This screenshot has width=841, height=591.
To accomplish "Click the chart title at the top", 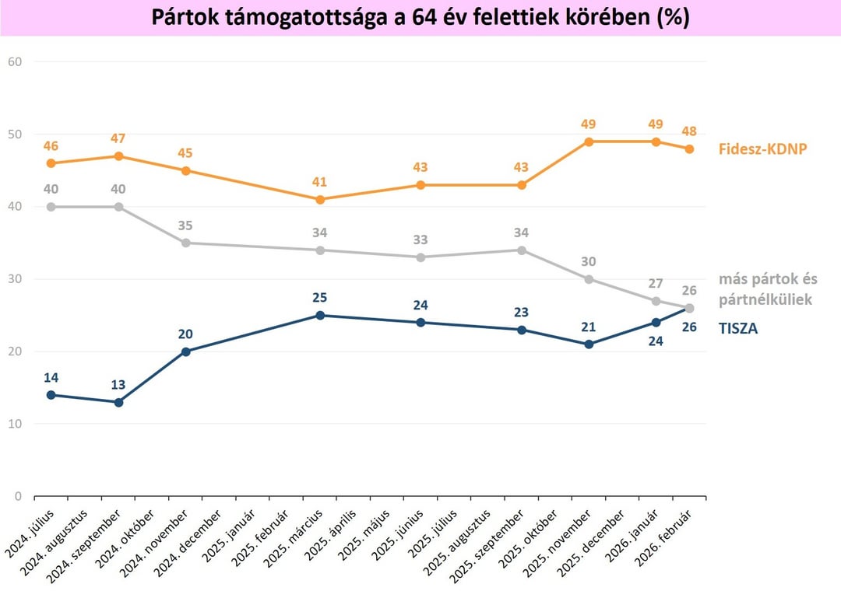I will (x=420, y=18).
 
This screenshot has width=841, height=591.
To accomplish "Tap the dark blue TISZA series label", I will (x=737, y=328).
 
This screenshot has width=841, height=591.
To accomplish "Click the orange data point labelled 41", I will (x=320, y=199).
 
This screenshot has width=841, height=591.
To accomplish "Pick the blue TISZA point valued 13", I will (x=118, y=402).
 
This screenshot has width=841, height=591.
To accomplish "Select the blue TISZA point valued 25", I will (x=320, y=315).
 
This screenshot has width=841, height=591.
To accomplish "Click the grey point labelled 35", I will (x=186, y=243).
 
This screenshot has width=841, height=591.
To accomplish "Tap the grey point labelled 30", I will (x=589, y=279).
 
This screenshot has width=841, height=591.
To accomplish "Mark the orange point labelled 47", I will (x=118, y=156).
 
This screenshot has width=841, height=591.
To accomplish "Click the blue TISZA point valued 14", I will (x=51, y=395).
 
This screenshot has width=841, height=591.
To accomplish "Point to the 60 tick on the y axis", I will (x=15, y=61).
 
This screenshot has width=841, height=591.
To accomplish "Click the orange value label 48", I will (x=689, y=131).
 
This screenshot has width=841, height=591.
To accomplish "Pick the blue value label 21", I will (x=589, y=327).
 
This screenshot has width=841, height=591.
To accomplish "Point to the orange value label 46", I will (x=51, y=145).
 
